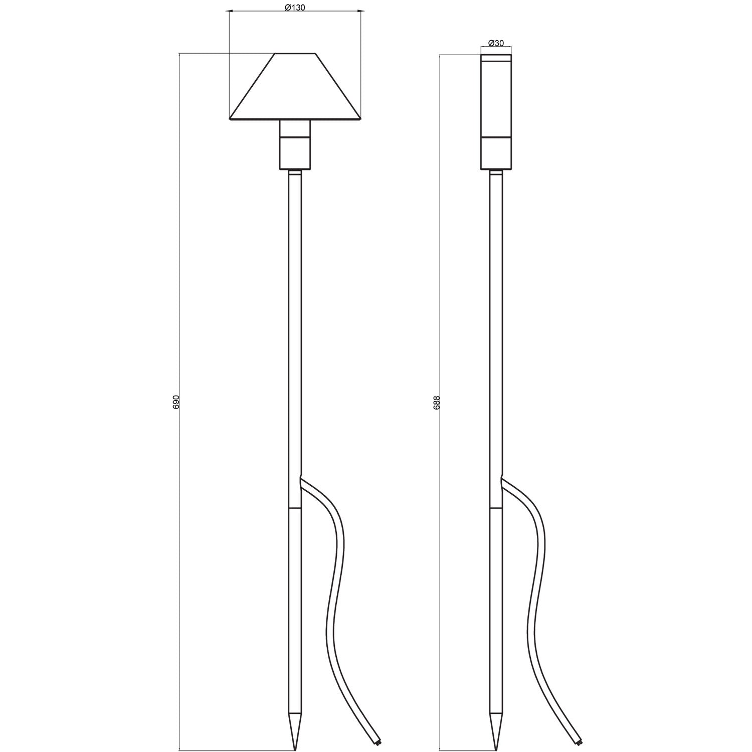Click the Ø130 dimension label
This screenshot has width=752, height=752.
(295, 8)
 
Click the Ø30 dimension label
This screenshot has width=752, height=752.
(496, 43)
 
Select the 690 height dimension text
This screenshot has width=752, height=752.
(175, 402)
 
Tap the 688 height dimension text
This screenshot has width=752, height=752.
(436, 402)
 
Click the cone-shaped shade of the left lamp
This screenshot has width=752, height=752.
(295, 88)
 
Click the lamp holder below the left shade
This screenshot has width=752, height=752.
(295, 145)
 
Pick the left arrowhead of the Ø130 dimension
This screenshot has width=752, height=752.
(232, 10)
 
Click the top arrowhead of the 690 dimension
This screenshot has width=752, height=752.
(179, 55)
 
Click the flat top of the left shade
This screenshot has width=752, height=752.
(295, 53)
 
